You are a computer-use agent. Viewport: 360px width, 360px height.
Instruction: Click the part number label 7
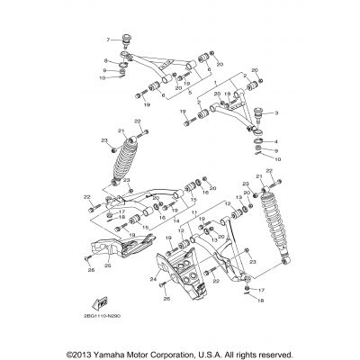[x=107, y=40]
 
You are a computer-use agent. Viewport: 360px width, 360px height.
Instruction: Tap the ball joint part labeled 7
[x=127, y=40]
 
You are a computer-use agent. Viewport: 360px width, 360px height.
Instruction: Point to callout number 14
[x=170, y=211]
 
